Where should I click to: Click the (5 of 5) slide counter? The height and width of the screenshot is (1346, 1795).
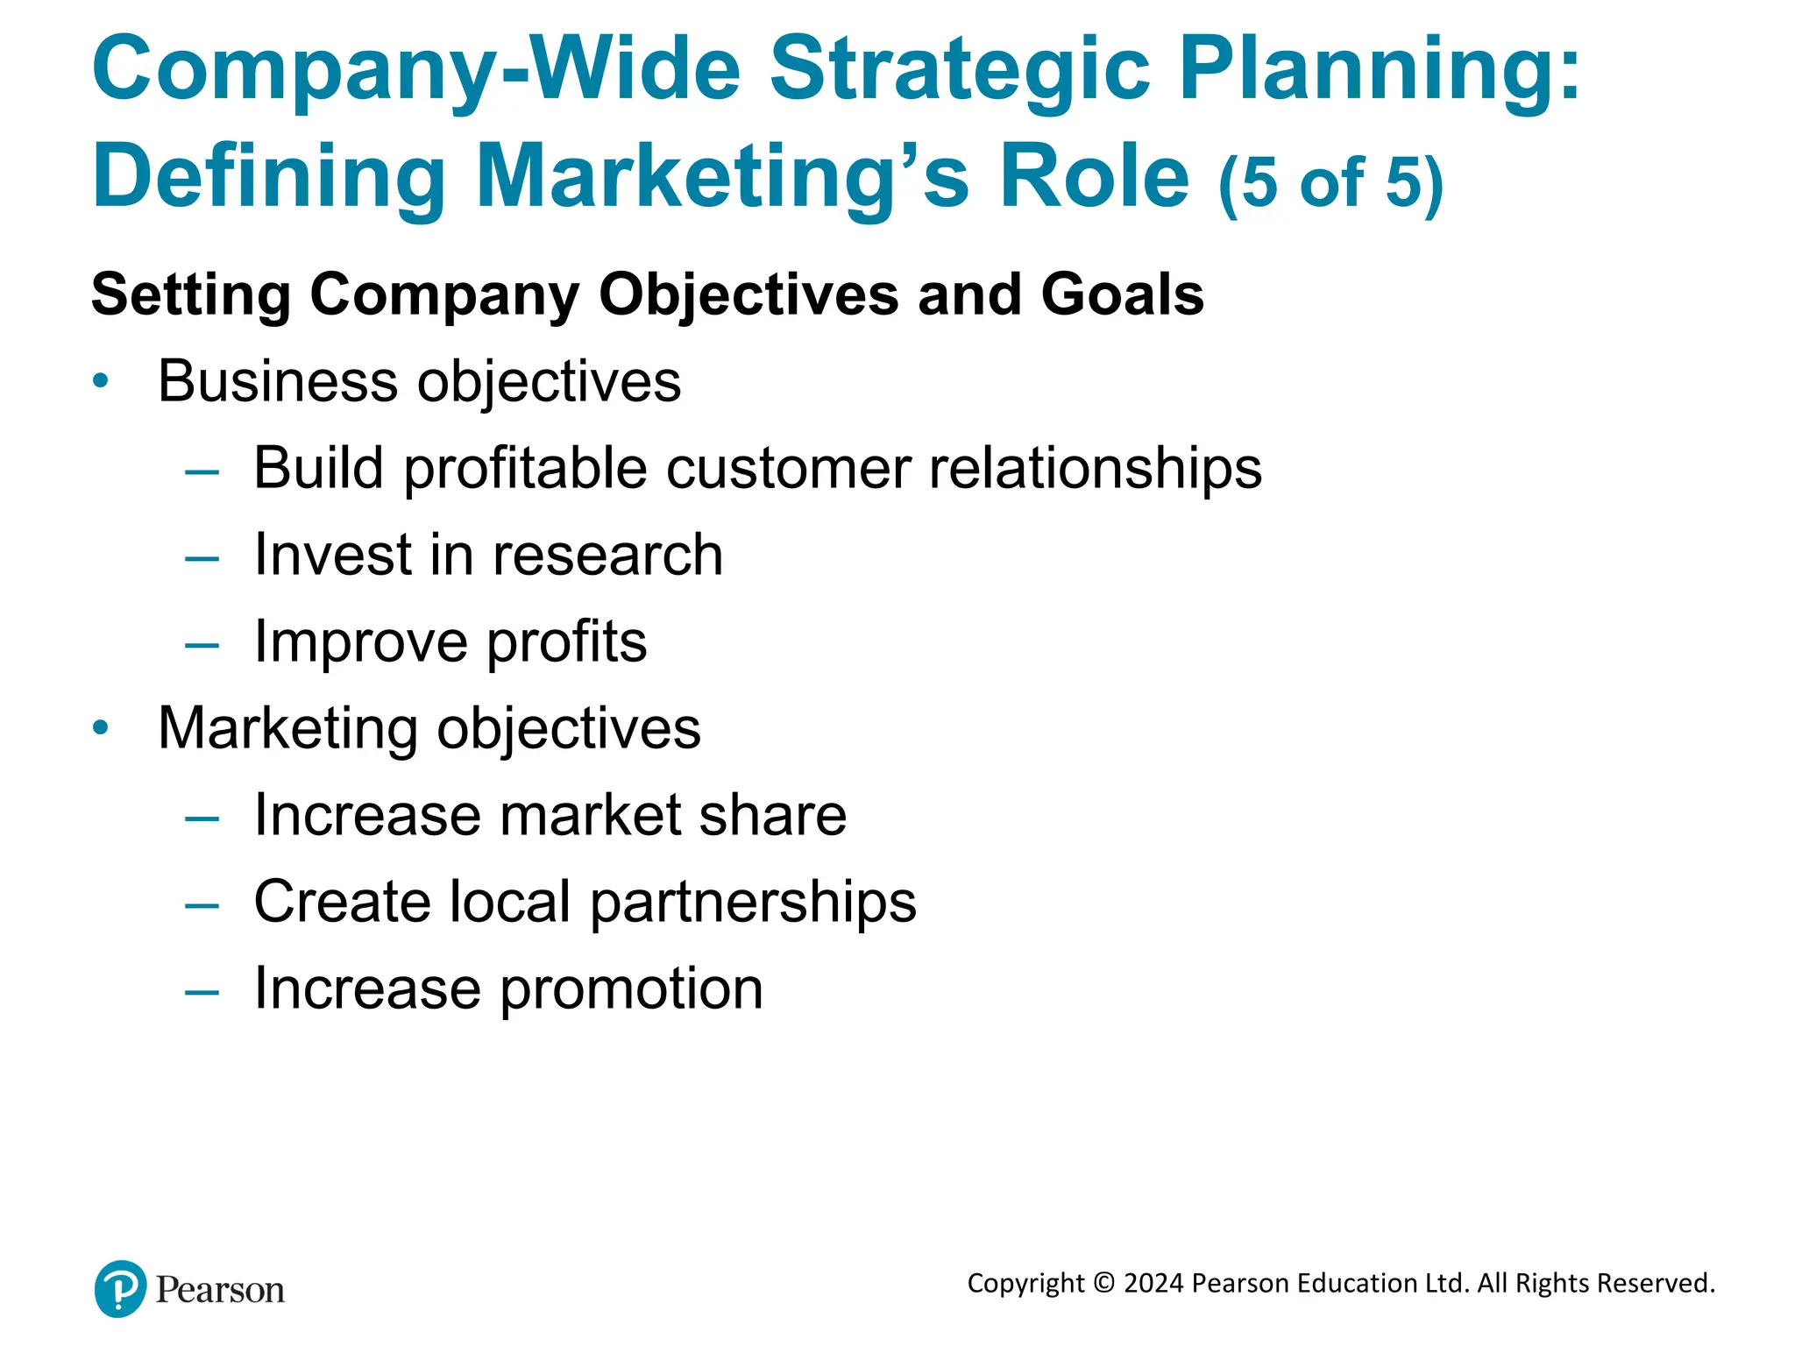coord(1330,182)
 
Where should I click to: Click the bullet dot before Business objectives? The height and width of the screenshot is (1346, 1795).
coord(102,381)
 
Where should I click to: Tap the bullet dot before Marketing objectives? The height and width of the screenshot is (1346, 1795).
coord(102,727)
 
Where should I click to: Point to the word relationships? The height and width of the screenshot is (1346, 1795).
coord(1096,468)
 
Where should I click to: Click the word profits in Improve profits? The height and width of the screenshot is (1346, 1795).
coord(566,642)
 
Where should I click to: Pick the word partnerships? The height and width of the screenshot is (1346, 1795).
coord(753,903)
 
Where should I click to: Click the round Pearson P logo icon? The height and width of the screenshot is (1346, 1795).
coord(120,1289)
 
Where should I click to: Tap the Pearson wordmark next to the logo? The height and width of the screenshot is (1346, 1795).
coord(220,1290)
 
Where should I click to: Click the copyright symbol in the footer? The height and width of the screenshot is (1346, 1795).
coord(1104,1283)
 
